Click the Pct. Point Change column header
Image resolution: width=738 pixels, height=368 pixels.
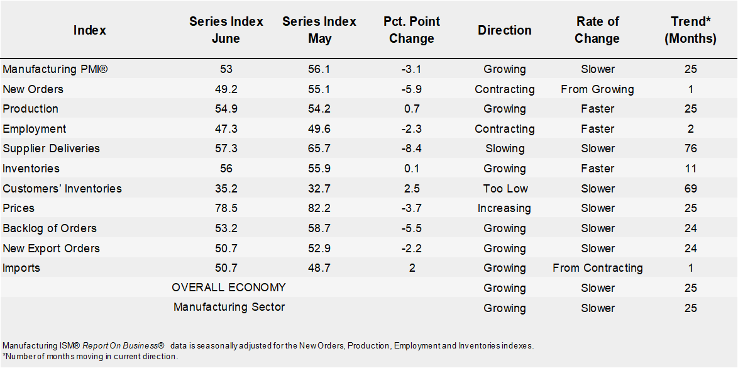point(412,30)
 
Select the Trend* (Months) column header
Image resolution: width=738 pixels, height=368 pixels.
point(691,30)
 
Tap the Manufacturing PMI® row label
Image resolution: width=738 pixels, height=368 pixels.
point(55,69)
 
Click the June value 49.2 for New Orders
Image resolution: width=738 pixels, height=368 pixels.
point(226,89)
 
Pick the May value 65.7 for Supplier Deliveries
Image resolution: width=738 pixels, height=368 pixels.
point(319,148)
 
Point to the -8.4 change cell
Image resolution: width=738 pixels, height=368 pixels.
point(412,148)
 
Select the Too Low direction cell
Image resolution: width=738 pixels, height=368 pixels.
point(505,188)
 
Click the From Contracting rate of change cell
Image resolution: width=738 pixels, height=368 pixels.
point(597,268)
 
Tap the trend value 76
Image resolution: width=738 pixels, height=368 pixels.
point(691,148)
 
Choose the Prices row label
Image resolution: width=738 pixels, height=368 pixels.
point(19,208)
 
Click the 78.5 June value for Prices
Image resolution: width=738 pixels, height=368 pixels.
point(226,208)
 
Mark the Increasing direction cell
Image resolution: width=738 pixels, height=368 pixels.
point(505,208)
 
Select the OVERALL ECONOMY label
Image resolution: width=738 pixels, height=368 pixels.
point(229,287)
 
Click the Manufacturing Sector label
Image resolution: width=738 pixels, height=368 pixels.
point(229,308)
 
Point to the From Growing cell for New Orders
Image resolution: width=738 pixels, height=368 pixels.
point(597,89)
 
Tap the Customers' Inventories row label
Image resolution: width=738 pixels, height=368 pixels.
point(62,188)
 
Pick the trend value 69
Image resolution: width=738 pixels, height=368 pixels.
point(691,188)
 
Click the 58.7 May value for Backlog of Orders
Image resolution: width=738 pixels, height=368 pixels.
point(319,228)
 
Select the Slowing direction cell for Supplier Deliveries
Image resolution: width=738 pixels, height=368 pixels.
point(505,148)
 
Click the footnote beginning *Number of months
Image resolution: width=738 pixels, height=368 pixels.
point(90,357)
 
